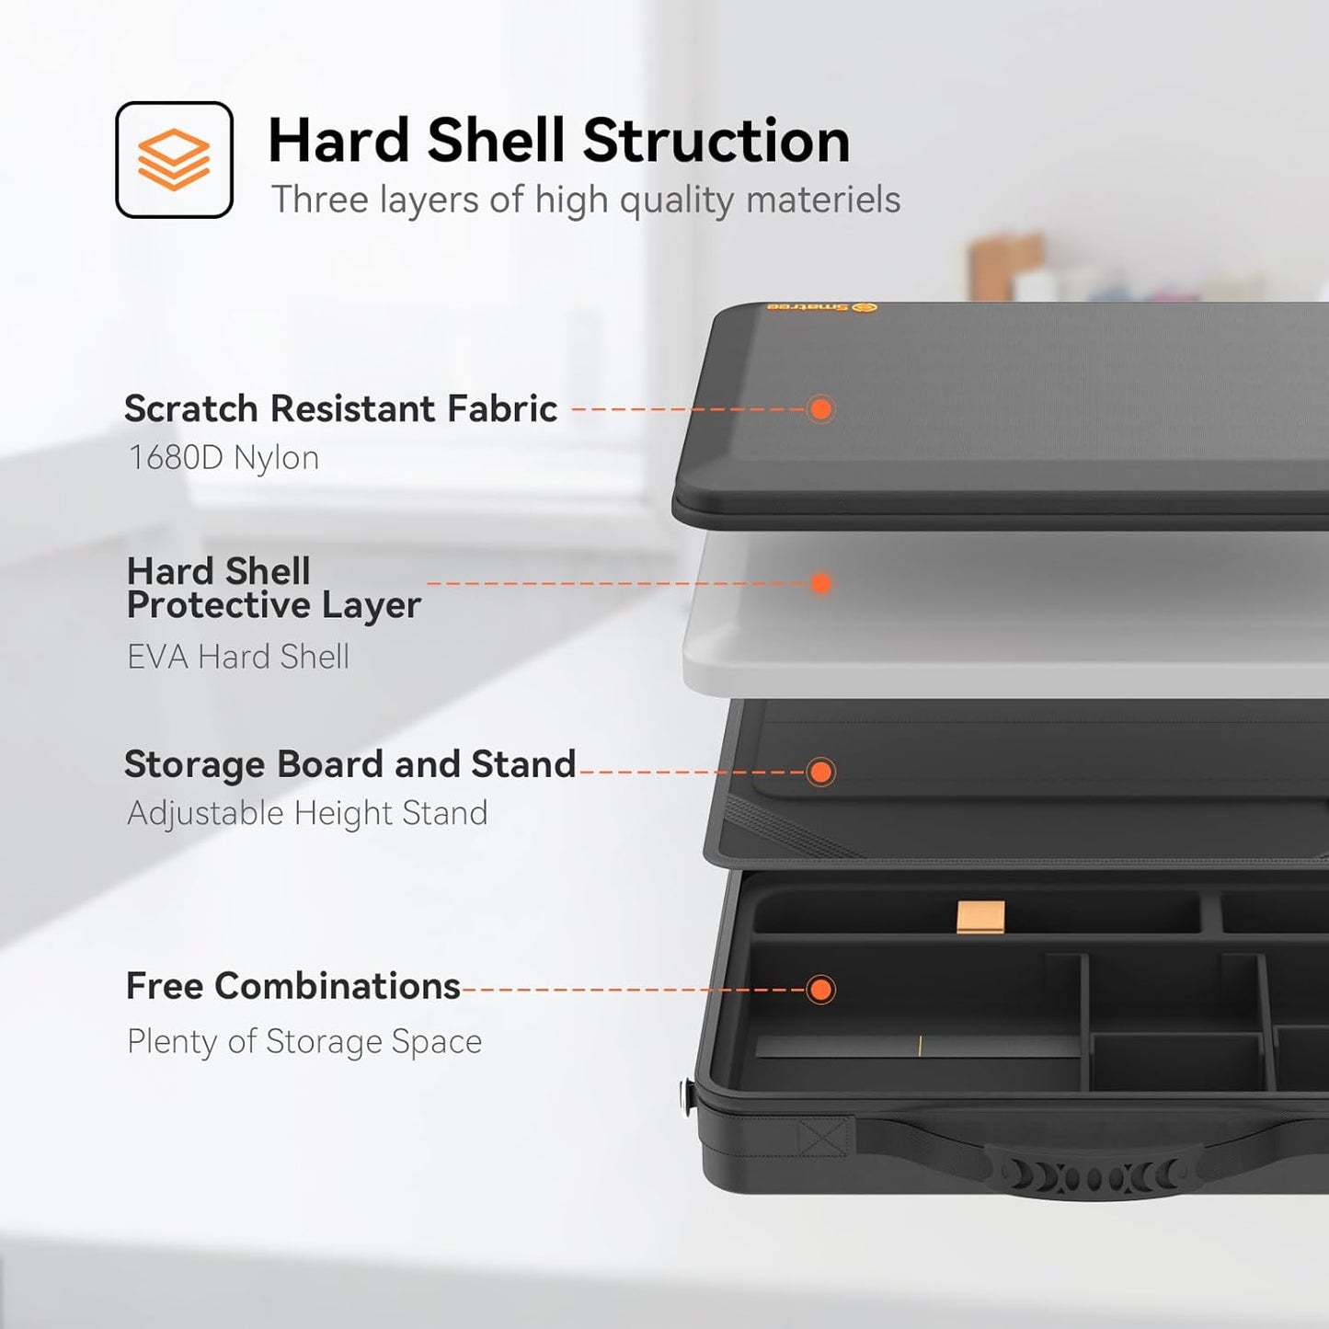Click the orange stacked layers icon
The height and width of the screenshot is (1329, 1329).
click(x=174, y=159)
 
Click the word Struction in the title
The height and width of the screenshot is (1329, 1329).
click(x=716, y=141)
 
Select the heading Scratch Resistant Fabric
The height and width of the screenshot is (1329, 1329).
click(x=340, y=408)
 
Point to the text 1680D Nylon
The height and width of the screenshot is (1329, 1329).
click(x=224, y=458)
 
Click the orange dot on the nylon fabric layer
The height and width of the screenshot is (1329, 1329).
click(x=820, y=409)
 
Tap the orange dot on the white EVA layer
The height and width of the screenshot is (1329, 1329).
click(x=820, y=583)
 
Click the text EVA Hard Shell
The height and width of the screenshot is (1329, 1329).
click(x=238, y=657)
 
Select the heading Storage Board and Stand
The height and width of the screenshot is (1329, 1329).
click(x=349, y=764)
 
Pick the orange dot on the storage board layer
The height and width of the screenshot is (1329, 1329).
click(x=820, y=772)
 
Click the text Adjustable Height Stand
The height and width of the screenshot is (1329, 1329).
click(x=307, y=814)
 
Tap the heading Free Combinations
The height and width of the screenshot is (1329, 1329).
click(x=293, y=986)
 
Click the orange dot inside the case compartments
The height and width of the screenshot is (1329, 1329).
click(x=820, y=990)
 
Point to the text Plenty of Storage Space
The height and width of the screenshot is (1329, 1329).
click(x=304, y=1041)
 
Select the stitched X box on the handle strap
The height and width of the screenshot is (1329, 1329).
click(x=822, y=1136)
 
